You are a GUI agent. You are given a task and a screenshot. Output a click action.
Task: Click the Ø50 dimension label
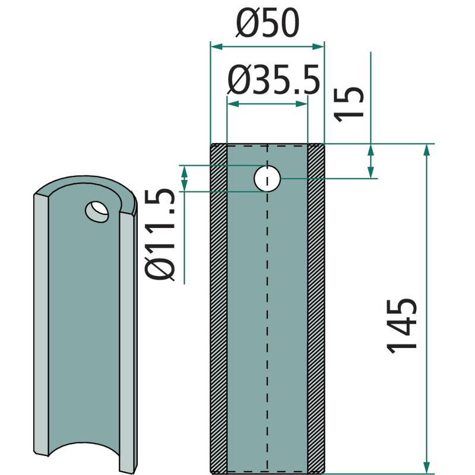[x=268, y=24]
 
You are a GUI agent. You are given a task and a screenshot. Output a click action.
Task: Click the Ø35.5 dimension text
[x=274, y=80]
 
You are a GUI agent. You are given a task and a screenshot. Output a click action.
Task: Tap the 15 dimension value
[x=349, y=104]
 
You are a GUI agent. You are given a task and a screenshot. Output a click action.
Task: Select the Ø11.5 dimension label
[x=160, y=235]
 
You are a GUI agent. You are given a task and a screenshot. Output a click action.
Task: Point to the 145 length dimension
[x=402, y=325]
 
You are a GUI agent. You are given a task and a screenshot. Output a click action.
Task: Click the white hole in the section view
[x=267, y=179]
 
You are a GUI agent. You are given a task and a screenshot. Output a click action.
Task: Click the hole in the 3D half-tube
[x=97, y=212]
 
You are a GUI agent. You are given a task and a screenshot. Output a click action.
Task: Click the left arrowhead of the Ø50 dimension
[x=216, y=47]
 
